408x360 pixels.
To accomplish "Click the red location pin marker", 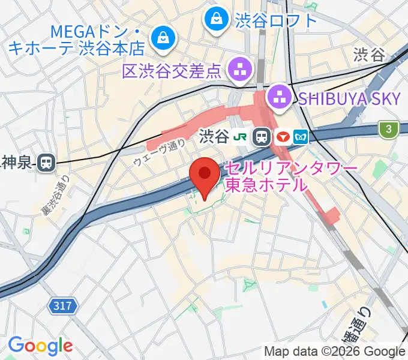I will click(x=204, y=175).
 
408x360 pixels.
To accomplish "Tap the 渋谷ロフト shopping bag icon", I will click(x=215, y=20).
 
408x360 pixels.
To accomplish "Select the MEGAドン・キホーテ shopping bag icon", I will click(x=162, y=38).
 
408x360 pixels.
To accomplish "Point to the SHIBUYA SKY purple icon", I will click(x=279, y=97).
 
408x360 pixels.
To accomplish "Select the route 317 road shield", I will click(x=64, y=307).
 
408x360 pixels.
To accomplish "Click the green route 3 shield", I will click(x=389, y=128).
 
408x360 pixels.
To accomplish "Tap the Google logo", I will click(x=40, y=346).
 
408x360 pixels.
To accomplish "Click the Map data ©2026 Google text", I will click(x=334, y=351).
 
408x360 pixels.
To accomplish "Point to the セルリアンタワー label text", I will click(x=291, y=169).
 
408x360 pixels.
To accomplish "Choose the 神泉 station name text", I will click(x=16, y=161).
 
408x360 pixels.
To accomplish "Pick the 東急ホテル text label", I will click(x=265, y=185).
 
